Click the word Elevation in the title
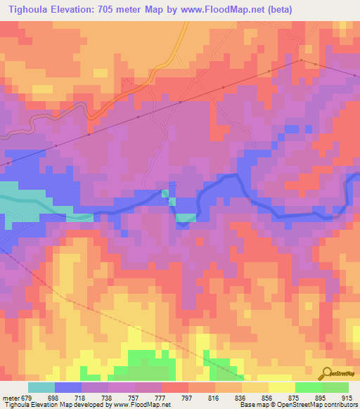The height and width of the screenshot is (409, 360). [79, 10]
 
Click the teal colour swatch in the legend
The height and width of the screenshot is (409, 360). [41, 387]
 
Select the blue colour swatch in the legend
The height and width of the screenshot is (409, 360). [68, 387]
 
